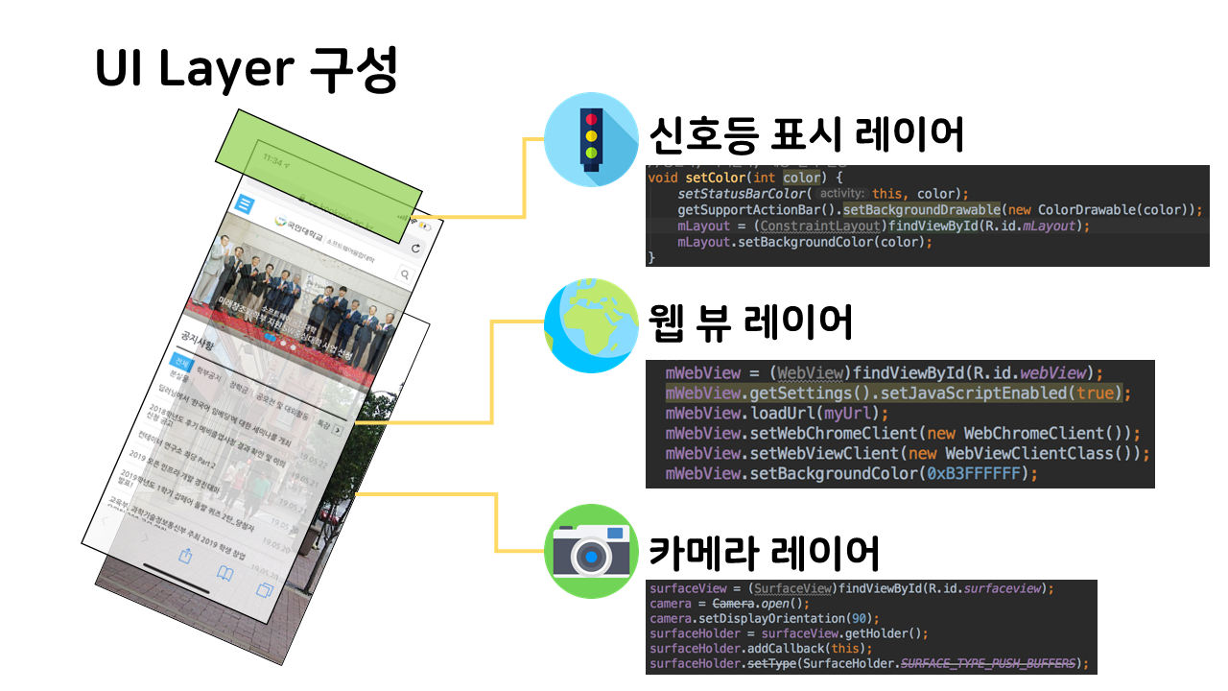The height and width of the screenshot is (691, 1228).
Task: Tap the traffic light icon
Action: pyautogui.click(x=591, y=138)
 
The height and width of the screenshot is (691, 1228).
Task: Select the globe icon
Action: pyautogui.click(x=591, y=325)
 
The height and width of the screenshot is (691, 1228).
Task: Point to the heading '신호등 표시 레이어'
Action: pyautogui.click(x=806, y=135)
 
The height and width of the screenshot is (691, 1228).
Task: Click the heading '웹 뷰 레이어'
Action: pyautogui.click(x=750, y=322)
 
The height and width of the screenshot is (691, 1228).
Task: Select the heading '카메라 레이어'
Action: pyautogui.click(x=764, y=553)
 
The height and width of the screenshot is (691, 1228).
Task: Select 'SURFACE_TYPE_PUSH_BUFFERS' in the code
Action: pyautogui.click(x=987, y=663)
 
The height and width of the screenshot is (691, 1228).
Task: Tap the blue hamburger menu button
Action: pyautogui.click(x=246, y=204)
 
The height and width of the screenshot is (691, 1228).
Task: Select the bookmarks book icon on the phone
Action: pyautogui.click(x=224, y=574)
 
